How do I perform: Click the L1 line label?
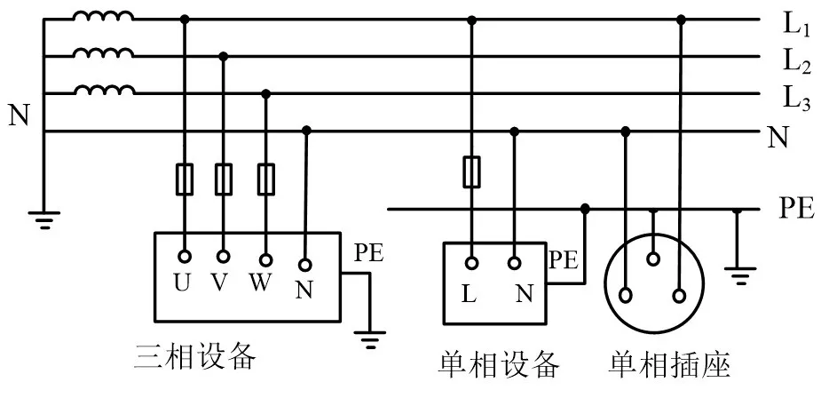point(795,25)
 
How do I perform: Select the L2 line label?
point(795,61)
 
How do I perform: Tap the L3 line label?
point(795,98)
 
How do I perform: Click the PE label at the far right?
point(796,210)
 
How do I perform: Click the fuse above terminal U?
point(185,178)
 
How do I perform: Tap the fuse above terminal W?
point(264,178)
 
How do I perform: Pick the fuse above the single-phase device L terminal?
point(472,172)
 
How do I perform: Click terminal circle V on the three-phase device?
point(224,257)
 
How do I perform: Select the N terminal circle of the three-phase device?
point(305,264)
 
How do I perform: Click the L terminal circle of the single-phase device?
point(472,263)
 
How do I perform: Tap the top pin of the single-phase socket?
point(653,259)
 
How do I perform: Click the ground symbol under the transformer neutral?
point(43,216)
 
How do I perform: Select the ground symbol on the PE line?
point(737,272)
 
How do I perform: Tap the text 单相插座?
point(668,363)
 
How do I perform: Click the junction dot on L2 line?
point(224,56)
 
